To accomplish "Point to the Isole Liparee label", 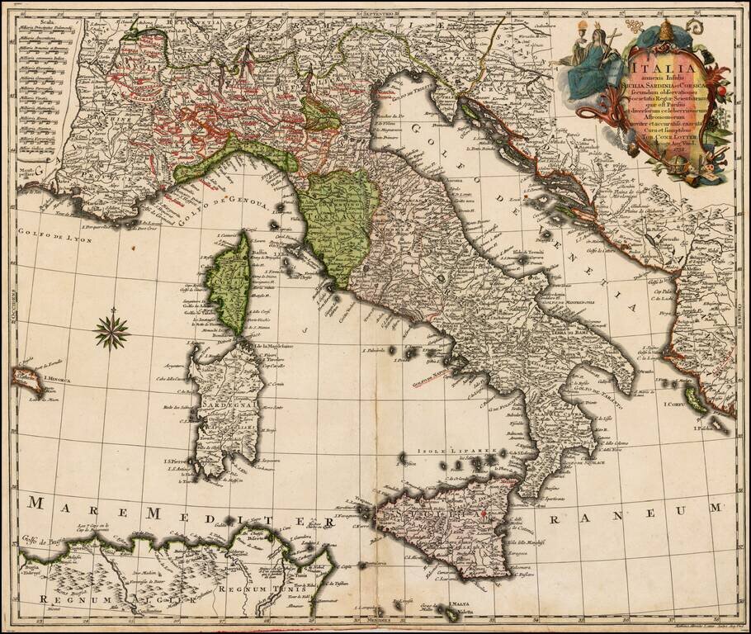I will tap(449, 452).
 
